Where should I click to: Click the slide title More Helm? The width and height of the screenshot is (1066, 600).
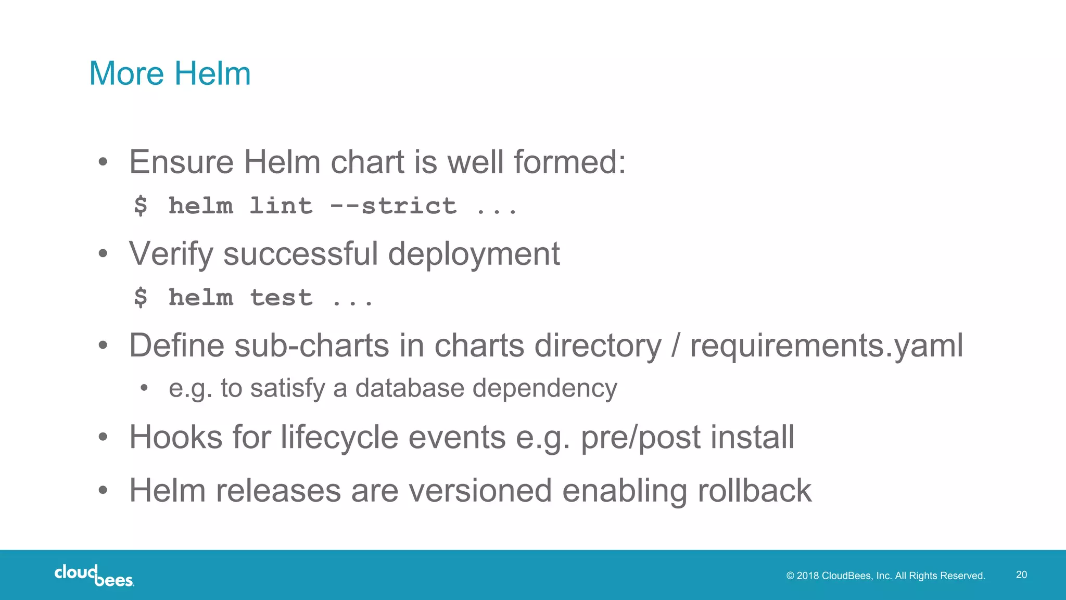pos(170,73)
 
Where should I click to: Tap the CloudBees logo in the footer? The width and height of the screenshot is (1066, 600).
pos(94,575)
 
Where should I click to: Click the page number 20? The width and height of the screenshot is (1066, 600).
pos(1021,575)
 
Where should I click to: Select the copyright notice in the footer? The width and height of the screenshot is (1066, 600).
pos(885,576)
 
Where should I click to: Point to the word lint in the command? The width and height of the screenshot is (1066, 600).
pos(281,206)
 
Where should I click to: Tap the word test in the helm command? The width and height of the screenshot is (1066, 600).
pos(281,298)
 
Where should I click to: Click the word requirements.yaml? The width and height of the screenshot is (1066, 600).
pos(827,346)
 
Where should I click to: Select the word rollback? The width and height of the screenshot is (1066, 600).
pos(754,490)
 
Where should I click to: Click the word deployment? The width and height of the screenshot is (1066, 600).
pos(474,254)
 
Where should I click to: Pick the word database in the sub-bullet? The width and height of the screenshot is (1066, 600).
pos(410,388)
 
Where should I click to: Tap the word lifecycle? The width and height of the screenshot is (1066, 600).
pos(339,437)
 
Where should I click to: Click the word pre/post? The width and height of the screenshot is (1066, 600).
pos(641,437)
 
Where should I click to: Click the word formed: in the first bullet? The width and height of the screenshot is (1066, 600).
pos(569,162)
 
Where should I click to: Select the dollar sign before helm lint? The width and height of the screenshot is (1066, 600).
pos(141,206)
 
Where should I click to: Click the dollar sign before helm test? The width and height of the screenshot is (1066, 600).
pos(141,298)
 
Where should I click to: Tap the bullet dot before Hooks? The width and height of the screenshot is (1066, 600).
pos(103,437)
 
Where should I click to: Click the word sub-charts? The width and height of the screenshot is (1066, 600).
pos(311,346)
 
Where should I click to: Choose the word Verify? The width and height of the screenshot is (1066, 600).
pos(171,254)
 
